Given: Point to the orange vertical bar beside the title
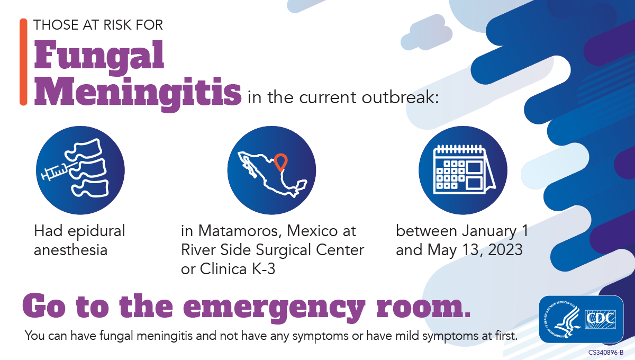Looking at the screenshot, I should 23,62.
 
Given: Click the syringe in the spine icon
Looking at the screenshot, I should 55,172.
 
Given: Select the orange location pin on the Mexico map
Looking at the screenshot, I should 280,160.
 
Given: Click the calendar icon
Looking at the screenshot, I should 462,170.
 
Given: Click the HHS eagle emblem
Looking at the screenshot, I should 563,319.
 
